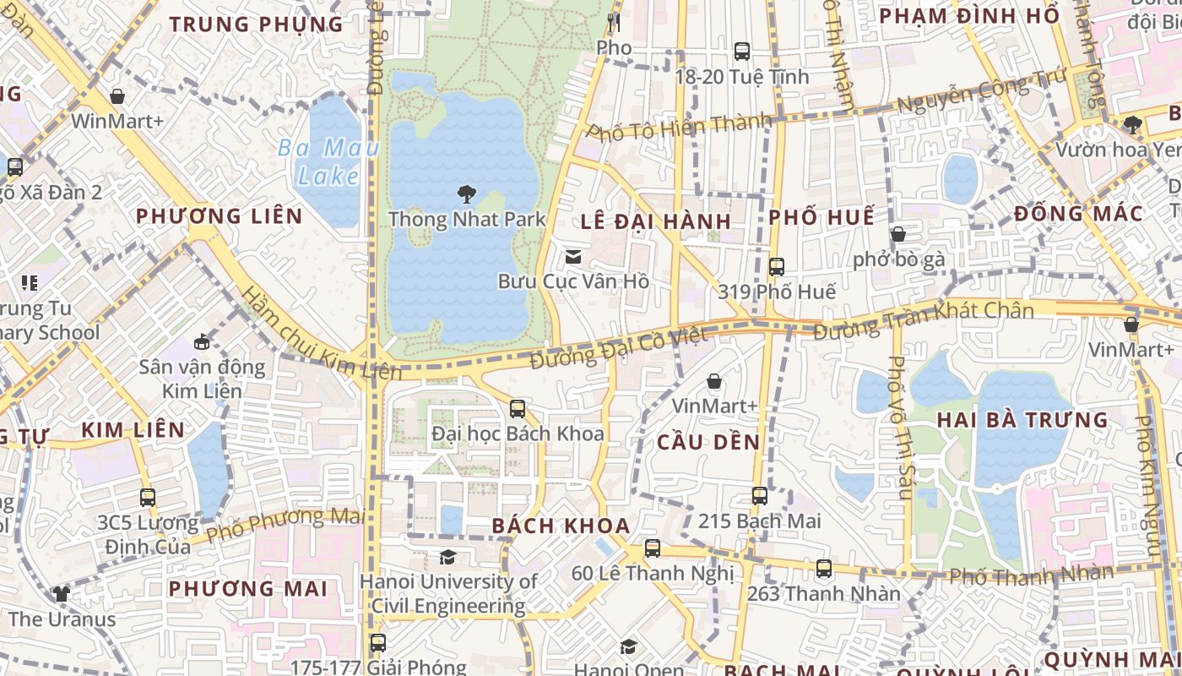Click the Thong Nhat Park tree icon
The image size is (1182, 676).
(x=465, y=195)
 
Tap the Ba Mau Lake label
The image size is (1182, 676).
(x=328, y=162)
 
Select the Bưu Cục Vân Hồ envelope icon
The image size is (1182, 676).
(x=573, y=256)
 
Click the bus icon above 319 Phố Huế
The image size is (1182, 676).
(x=777, y=267)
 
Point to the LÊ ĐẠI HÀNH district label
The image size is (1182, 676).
(x=655, y=222)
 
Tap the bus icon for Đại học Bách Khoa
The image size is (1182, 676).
(x=518, y=409)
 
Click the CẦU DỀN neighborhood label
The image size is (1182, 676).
(x=708, y=442)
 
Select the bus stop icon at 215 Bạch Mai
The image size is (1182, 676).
(x=760, y=496)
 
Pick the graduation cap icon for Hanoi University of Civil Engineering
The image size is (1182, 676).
(x=447, y=557)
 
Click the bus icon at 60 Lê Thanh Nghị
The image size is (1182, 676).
(x=653, y=548)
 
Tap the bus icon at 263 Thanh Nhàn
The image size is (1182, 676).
(x=824, y=569)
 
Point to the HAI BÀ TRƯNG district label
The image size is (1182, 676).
(x=1022, y=420)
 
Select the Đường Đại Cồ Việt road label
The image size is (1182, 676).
(x=619, y=347)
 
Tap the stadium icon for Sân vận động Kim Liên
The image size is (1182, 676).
(x=202, y=342)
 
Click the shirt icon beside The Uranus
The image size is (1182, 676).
(x=62, y=594)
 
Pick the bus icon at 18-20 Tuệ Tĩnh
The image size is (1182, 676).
(x=742, y=52)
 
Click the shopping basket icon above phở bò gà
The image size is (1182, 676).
(x=898, y=234)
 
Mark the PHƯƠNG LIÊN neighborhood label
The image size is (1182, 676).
(x=220, y=216)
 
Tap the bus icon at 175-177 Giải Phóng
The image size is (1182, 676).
(x=378, y=643)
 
